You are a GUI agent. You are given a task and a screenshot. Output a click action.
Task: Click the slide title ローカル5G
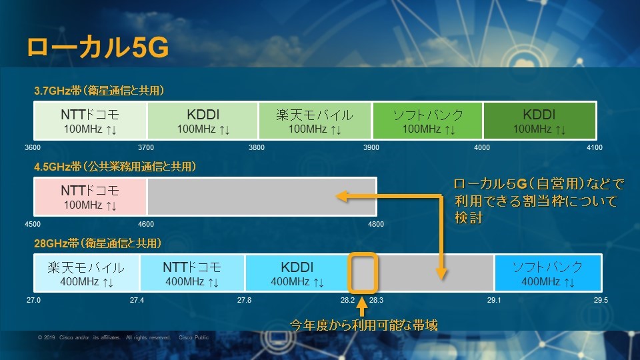[97, 48]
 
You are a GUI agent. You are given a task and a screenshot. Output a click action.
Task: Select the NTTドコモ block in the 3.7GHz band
[90, 121]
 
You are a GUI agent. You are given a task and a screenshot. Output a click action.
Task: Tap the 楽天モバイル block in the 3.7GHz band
[315, 121]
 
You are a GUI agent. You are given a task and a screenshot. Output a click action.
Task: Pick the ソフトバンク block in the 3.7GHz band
[427, 121]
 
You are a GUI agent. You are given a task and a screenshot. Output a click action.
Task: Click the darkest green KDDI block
[539, 121]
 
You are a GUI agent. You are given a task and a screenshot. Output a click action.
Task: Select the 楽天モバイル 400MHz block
[86, 274]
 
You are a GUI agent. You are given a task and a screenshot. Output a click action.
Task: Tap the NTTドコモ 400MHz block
[192, 274]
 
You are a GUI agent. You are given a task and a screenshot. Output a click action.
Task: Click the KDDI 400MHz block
[297, 274]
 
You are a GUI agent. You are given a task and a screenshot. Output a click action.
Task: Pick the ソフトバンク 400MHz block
[547, 274]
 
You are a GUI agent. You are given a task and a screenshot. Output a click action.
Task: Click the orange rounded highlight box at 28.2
[363, 273]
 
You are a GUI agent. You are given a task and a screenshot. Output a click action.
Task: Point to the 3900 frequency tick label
[371, 147]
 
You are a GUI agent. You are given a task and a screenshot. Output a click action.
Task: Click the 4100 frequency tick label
[594, 147]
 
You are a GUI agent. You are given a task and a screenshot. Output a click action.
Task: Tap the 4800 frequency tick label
[376, 224]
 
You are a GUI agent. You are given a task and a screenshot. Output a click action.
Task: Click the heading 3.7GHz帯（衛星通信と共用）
[99, 90]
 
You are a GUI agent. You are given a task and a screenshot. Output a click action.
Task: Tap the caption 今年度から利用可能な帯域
[363, 325]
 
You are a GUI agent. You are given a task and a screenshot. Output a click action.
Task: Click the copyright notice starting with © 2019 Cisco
[123, 338]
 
